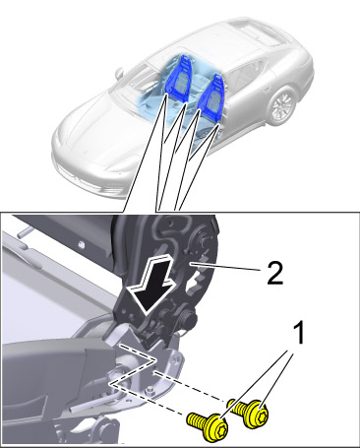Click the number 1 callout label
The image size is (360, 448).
click(x=298, y=333)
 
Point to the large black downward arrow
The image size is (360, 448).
click(x=151, y=285)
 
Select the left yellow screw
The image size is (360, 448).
click(x=208, y=425)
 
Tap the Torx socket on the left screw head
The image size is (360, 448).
click(x=220, y=428)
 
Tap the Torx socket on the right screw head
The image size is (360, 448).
click(x=261, y=415)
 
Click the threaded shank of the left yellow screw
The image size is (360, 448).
click(x=195, y=421)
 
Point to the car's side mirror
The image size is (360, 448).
click(x=120, y=73)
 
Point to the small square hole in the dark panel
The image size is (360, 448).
click(x=82, y=244)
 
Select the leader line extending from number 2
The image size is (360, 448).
click(x=225, y=266)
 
